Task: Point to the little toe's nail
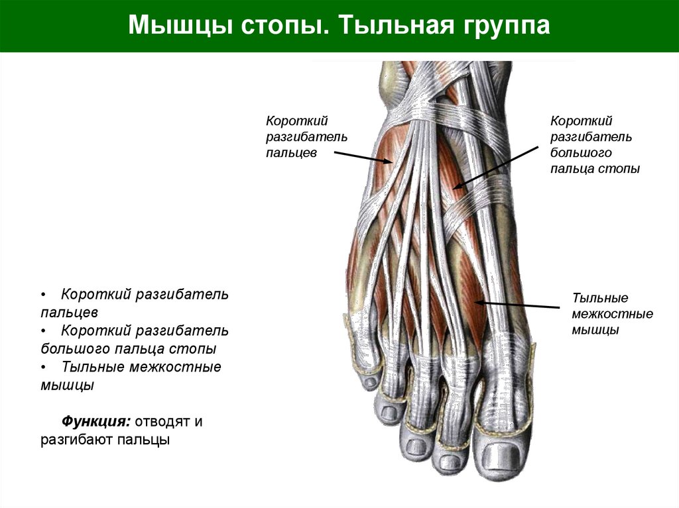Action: click(367, 383)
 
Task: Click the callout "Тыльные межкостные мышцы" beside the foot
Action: click(612, 313)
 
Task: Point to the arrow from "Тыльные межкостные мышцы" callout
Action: click(517, 305)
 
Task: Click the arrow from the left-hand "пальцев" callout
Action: click(361, 156)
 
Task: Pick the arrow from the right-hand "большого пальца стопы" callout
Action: click(496, 167)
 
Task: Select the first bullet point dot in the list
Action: click(43, 294)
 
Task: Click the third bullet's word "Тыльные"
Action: click(94, 367)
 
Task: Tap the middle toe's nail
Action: click(416, 446)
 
